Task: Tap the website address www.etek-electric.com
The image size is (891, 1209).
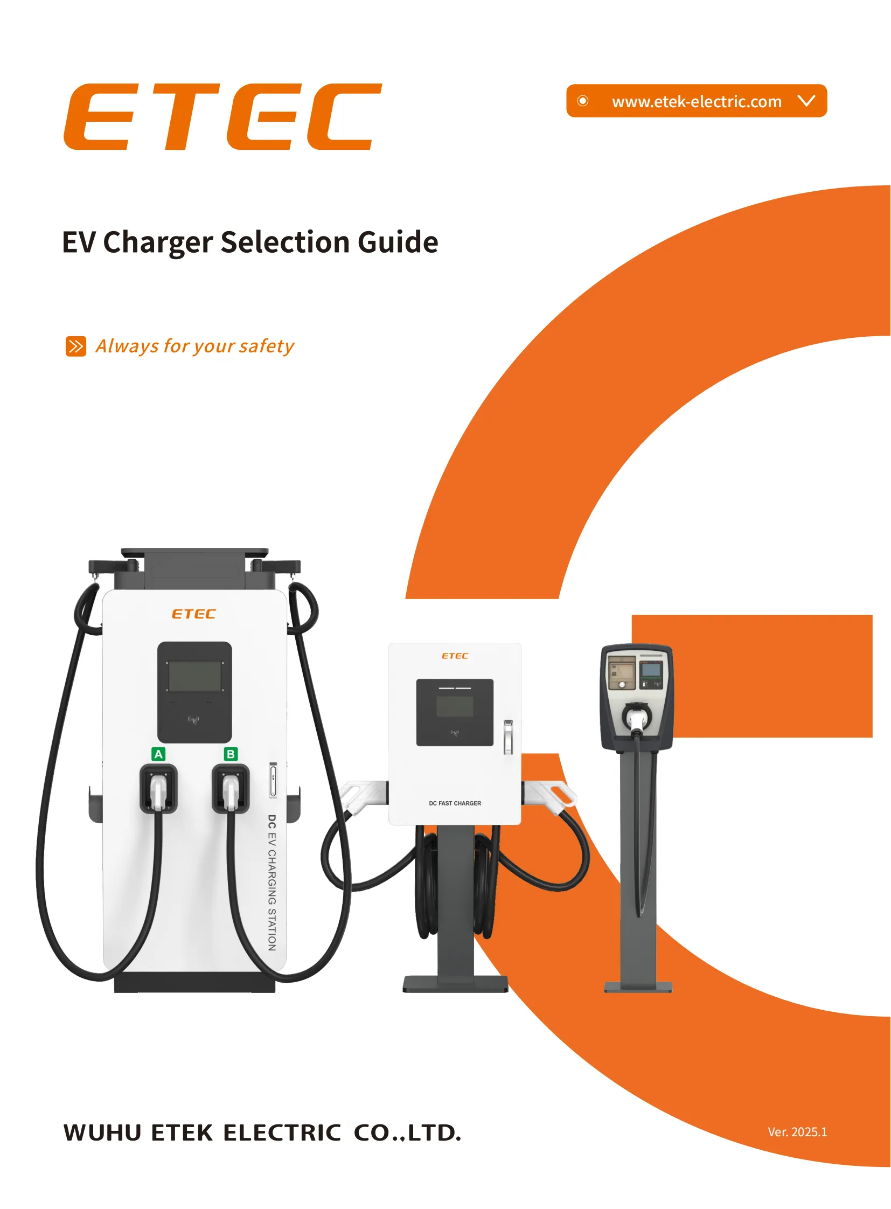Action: tap(697, 101)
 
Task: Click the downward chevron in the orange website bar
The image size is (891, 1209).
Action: tap(806, 100)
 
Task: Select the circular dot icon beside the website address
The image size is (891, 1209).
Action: tap(582, 101)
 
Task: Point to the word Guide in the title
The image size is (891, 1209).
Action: tap(398, 242)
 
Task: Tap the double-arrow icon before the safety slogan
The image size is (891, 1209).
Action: tap(75, 346)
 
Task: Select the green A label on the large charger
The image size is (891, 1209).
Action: tap(158, 754)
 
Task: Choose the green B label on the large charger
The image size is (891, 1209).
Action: tap(231, 754)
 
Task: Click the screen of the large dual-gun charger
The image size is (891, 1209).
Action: tap(194, 676)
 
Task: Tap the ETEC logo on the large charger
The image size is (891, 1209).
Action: tap(193, 614)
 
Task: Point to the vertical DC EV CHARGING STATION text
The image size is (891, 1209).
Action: tap(272, 883)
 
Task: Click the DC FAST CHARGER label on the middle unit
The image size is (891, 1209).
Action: tap(455, 803)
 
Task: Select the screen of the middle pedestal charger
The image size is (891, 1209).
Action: tap(455, 706)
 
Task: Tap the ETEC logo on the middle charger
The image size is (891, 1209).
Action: tap(455, 656)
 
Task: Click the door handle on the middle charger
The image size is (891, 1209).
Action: tap(508, 736)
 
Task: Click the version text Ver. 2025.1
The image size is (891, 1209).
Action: tap(797, 1132)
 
